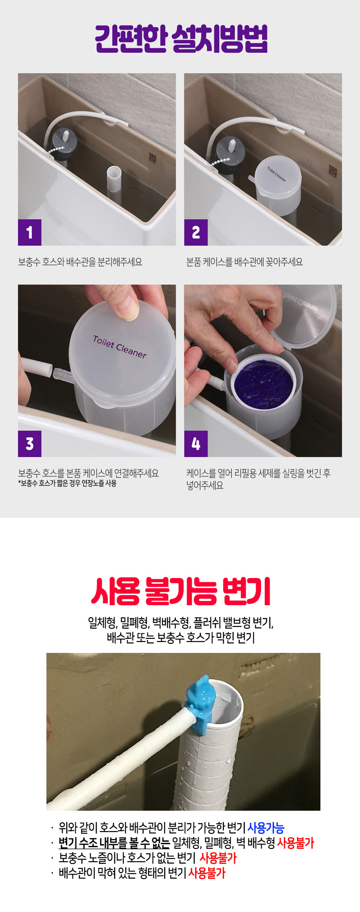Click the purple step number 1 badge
pos(29,232)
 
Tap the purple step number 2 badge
pos(195,232)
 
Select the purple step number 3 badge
pos(29,444)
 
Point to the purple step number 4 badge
pos(195,444)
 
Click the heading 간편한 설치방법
pos(180,39)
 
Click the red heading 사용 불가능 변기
pos(180,591)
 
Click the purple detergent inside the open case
pos(264,383)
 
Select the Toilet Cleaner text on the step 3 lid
pos(120,347)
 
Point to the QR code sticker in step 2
pos(332,171)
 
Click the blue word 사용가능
pos(266,828)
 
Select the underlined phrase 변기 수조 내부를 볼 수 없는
pos(114,843)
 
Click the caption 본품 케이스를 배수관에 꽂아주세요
pos(244,262)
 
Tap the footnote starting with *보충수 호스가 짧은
pos(67,483)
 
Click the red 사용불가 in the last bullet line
pos(207,873)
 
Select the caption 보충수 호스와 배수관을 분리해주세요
pos(80,262)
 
